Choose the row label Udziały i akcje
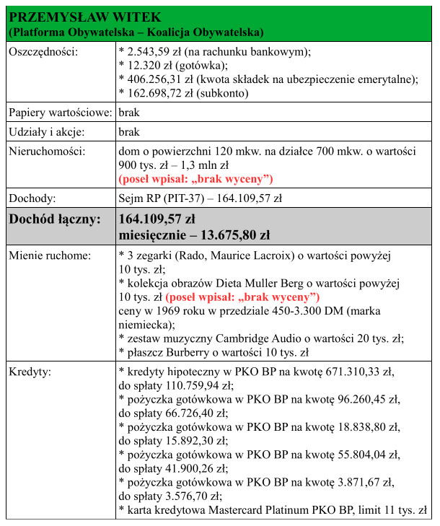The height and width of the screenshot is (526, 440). tap(46, 133)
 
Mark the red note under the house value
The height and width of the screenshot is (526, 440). tap(195, 178)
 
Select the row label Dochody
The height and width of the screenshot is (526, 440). tap(33, 198)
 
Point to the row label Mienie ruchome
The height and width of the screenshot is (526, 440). tap(50, 255)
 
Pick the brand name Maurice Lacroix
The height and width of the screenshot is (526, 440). tap(229, 255)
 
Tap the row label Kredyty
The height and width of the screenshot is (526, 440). tap(32, 372)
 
